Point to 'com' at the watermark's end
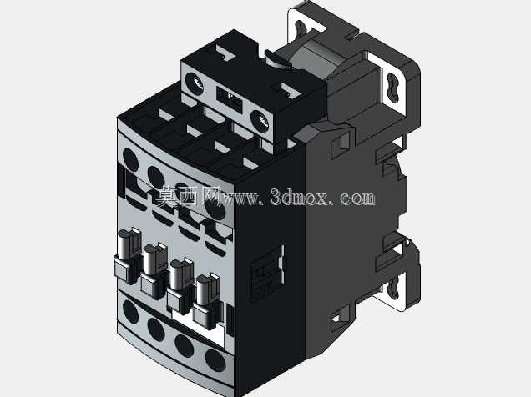pyautogui.click(x=357, y=198)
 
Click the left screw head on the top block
pyautogui.click(x=195, y=83)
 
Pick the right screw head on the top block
pyautogui.click(x=260, y=121)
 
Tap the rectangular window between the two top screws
pyautogui.click(x=230, y=98)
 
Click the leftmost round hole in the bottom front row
pyautogui.click(x=130, y=311)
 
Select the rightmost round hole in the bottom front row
pyautogui.click(x=215, y=360)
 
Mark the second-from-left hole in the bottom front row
pyautogui.click(x=156, y=329)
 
